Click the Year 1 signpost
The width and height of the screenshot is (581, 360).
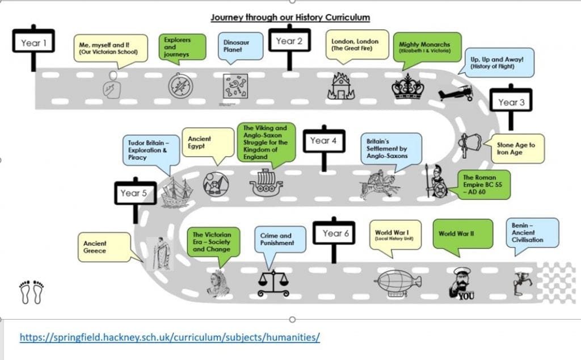point(33,43)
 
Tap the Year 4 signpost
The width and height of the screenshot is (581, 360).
point(324,141)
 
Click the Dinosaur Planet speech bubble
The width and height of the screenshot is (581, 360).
point(241,46)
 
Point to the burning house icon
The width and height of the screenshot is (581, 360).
point(341,87)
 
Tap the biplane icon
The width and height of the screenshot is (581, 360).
point(456,93)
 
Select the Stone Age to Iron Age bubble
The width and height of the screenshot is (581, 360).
point(516,149)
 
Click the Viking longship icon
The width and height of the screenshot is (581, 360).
point(266,183)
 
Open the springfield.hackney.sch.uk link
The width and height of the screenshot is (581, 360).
point(170,337)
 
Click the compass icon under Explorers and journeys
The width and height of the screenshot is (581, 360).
point(177,86)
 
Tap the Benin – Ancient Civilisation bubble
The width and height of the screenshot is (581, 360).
point(532,232)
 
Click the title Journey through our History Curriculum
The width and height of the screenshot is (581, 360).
point(290,17)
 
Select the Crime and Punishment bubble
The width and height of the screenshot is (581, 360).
point(277,239)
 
